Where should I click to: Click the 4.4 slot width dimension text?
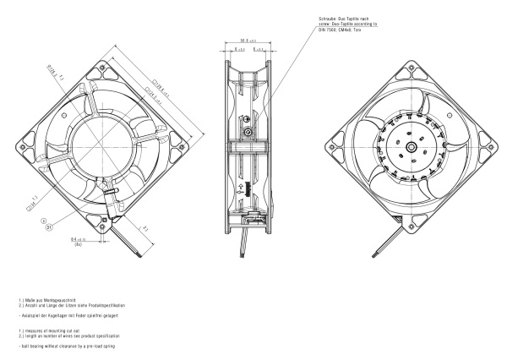(x=78, y=239)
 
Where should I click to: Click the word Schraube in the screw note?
(x=326, y=16)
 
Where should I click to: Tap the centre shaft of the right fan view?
(x=409, y=146)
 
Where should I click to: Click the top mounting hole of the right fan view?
(x=409, y=65)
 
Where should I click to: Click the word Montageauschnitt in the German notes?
(x=58, y=300)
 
